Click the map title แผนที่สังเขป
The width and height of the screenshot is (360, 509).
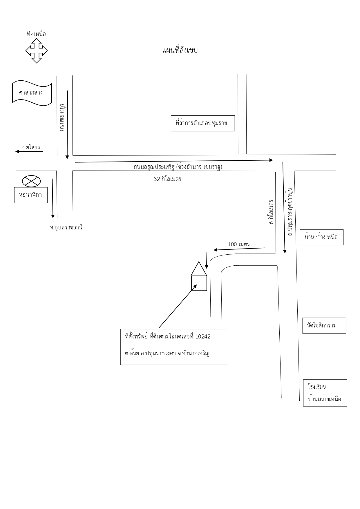click(x=180, y=50)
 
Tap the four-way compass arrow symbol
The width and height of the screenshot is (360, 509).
click(x=37, y=51)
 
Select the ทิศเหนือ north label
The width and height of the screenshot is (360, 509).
click(x=36, y=34)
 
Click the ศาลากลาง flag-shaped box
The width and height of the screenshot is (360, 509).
click(x=32, y=93)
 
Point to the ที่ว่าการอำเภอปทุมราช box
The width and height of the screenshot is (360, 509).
click(x=203, y=123)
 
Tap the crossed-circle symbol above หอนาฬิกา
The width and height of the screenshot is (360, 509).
click(x=31, y=182)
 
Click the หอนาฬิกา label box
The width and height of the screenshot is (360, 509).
click(x=31, y=195)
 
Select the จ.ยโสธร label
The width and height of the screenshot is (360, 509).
click(x=31, y=147)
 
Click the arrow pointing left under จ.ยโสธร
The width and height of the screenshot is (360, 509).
click(x=29, y=151)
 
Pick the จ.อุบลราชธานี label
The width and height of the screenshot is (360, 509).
click(x=66, y=227)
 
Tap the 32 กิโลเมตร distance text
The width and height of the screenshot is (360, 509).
click(x=167, y=179)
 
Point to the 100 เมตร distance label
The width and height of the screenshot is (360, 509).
click(x=239, y=244)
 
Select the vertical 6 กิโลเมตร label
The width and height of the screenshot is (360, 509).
click(x=271, y=212)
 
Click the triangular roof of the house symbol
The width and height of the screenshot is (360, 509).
click(x=199, y=269)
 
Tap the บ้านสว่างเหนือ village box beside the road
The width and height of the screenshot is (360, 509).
click(x=321, y=237)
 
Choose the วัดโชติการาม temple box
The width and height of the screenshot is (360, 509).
click(x=324, y=325)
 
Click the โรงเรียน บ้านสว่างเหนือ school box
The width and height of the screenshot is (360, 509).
click(x=325, y=393)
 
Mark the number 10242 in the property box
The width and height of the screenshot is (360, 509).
click(x=203, y=336)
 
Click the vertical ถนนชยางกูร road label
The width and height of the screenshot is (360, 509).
click(x=61, y=117)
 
